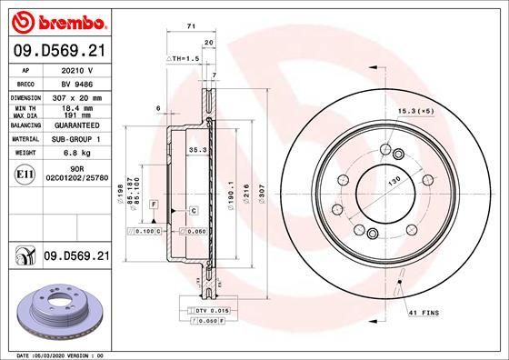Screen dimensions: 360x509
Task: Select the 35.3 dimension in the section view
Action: pyautogui.click(x=196, y=149)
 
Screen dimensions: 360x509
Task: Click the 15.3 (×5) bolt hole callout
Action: pyautogui.click(x=416, y=112)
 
